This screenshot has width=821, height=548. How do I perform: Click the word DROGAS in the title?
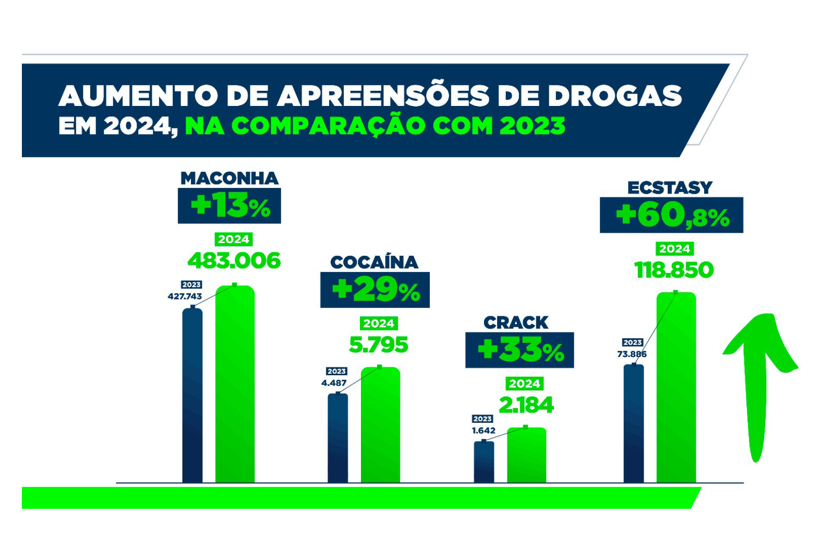pos(614,96)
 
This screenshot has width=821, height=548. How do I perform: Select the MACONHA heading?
pos(230,178)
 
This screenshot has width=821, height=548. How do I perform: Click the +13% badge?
pos(230,206)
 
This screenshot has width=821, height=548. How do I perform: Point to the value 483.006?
pos(234,260)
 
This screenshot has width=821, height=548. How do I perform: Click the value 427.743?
pos(185,296)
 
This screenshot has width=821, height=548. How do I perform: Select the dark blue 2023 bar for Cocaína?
pos(337,438)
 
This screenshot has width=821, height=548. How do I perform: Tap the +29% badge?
pos(375,290)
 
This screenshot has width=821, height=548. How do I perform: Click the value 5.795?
pos(378,345)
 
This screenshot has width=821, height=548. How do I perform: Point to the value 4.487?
pos(334,383)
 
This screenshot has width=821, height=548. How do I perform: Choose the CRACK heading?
pos(515,323)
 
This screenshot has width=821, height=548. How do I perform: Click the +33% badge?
pos(520,350)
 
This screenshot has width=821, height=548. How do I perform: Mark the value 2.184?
pos(526,405)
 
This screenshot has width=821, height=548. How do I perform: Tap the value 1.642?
pos(484,431)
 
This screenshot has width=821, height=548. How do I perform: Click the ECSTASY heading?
pos(670,187)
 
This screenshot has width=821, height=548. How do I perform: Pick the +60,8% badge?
pos(671,215)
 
